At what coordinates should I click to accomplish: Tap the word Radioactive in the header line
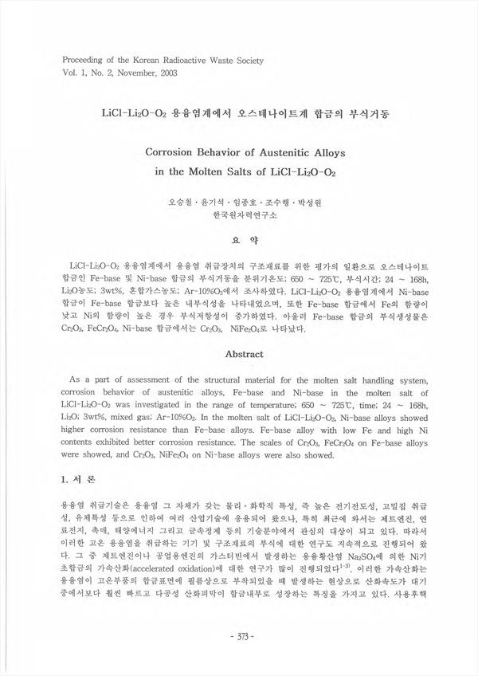click(x=178, y=60)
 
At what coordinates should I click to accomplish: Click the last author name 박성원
click(x=306, y=203)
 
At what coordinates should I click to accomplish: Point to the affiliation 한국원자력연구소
click(x=239, y=215)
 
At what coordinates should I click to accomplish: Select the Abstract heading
click(x=240, y=352)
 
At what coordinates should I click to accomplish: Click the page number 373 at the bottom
click(x=240, y=636)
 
